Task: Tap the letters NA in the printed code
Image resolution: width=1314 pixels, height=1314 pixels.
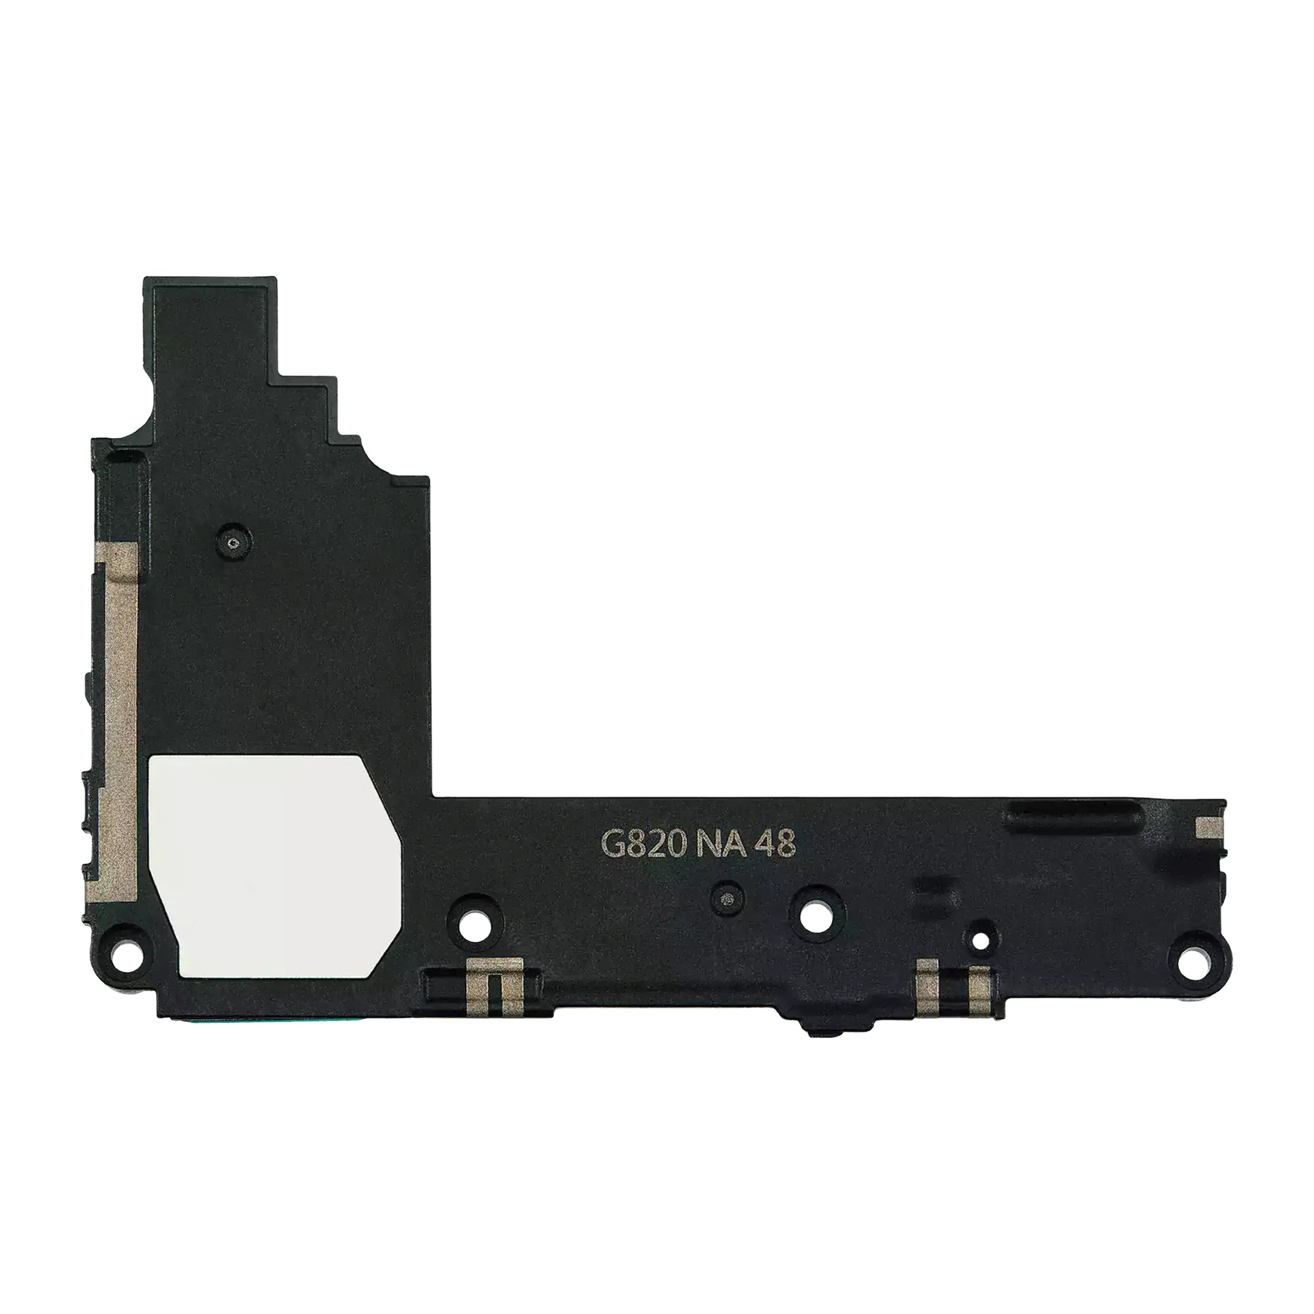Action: tap(715, 847)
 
